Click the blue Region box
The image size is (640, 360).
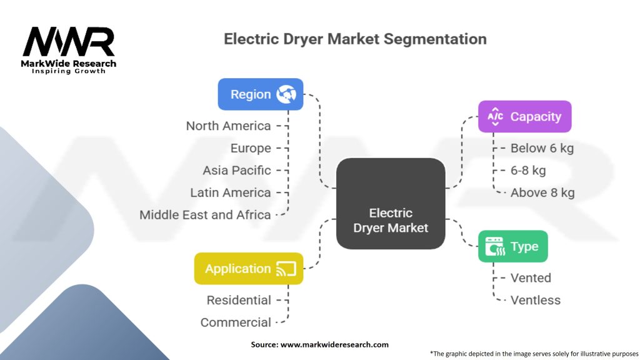tap(260, 94)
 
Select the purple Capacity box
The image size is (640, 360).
tap(524, 116)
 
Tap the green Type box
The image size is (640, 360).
tap(512, 246)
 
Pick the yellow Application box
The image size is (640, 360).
tap(249, 269)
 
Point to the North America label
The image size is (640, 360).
tap(228, 126)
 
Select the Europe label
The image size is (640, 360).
tap(251, 148)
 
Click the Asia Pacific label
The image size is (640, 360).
tap(236, 170)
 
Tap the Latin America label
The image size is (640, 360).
tap(230, 192)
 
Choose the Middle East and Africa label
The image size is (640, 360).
tap(205, 214)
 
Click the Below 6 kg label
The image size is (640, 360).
tap(542, 148)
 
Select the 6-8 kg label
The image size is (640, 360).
tap(528, 170)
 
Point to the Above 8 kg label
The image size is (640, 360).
tap(542, 192)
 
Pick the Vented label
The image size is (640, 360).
tap(531, 277)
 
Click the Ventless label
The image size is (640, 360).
tap(536, 300)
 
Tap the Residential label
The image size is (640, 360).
tap(239, 300)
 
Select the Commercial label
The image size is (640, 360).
tap(236, 322)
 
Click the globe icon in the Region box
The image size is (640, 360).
tap(287, 94)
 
